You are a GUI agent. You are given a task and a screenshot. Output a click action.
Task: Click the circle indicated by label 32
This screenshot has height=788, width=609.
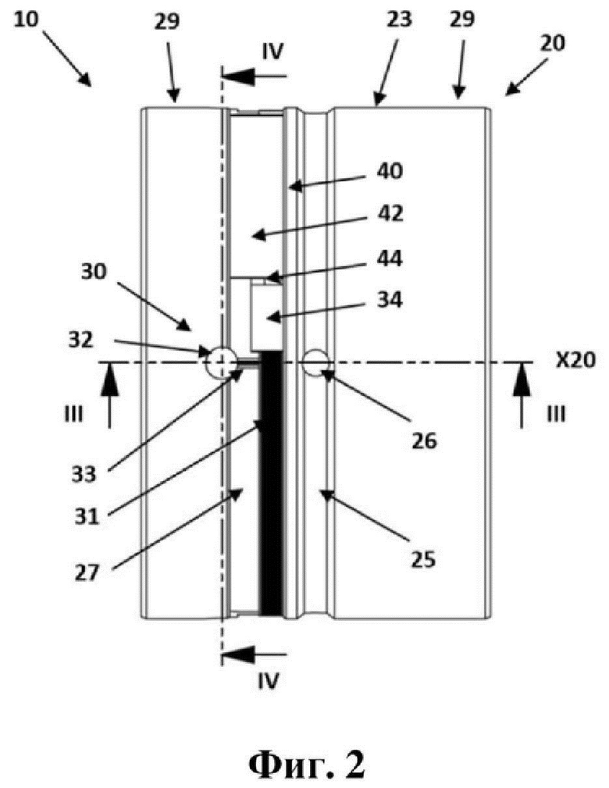point(219,362)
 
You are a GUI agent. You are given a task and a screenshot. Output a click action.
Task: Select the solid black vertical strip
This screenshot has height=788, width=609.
point(270,484)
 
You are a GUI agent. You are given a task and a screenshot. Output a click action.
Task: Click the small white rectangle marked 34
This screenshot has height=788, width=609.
point(266,316)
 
